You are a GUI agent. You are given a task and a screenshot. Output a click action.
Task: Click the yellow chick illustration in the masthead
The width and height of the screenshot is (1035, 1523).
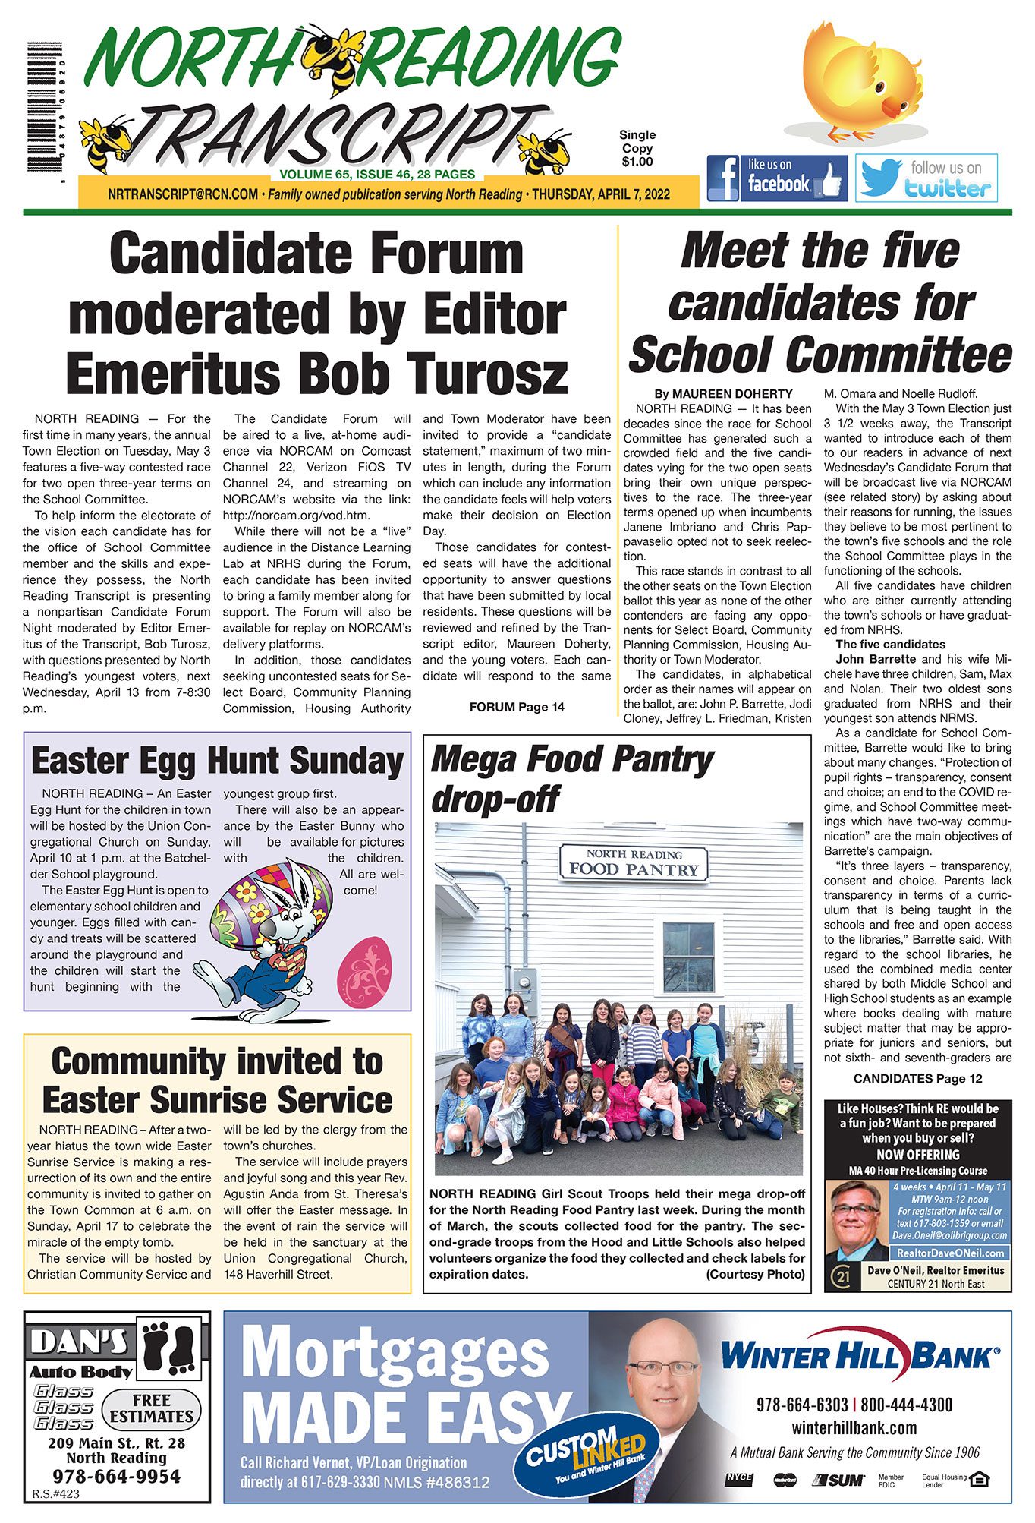coord(858,80)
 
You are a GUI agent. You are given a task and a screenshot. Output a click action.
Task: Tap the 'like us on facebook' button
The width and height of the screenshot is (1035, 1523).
coord(777,178)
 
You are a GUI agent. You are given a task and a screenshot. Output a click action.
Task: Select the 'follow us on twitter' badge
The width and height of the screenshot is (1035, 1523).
coord(926,178)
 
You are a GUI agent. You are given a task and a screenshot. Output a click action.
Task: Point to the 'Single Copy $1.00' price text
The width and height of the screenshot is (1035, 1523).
coord(637,148)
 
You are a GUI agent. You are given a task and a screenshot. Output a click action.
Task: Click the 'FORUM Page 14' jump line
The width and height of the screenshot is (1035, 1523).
coord(517,707)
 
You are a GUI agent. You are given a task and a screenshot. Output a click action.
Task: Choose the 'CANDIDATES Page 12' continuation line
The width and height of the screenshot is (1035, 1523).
coord(917,1078)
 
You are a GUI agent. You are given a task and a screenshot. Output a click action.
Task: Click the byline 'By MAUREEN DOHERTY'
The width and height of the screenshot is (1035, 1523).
coord(723,394)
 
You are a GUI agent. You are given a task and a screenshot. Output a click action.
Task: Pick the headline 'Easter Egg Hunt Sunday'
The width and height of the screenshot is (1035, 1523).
coord(217,761)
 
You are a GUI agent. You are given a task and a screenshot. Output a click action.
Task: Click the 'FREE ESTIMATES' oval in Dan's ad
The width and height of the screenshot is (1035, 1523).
coord(152,1409)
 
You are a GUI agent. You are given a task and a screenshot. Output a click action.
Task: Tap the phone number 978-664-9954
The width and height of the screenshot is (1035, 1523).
coord(117,1476)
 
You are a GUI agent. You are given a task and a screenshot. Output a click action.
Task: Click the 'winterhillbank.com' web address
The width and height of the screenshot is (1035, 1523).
coord(854,1427)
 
